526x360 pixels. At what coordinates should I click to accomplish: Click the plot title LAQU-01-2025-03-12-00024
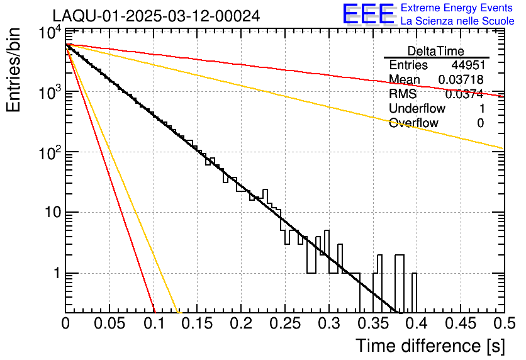coord(156,16)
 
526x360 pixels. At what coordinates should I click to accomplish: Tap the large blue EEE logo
coord(368,14)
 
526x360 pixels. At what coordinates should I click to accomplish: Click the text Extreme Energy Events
coord(457,8)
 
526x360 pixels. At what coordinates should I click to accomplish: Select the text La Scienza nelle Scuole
coord(457,21)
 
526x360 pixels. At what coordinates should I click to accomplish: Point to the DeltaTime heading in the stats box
coord(436,51)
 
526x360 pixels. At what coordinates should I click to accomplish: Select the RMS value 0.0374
coord(464,94)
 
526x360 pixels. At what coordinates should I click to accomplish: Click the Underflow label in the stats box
coord(417,109)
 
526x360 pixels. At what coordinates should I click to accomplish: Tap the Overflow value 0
coord(480,123)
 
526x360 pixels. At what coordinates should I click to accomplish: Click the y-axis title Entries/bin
coord(14,70)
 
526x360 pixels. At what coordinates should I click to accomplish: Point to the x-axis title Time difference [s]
coord(429,346)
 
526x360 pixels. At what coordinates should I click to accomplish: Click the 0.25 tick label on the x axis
coord(285,323)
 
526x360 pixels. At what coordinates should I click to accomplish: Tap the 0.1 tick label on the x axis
coord(154,323)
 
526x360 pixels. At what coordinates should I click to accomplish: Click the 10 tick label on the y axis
coord(52,213)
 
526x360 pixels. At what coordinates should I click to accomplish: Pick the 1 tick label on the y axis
coord(56,274)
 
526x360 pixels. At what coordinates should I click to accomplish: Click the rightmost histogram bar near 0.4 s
coord(414,293)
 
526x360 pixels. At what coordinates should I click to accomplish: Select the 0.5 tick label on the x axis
coord(502,323)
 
